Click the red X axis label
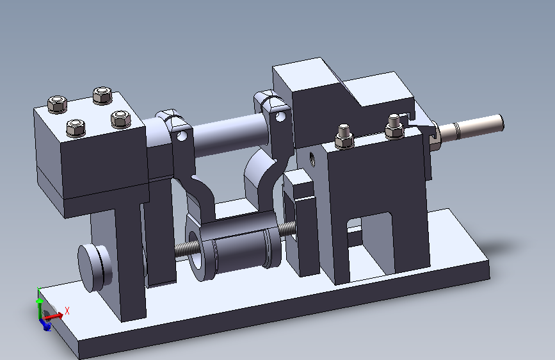point(67,311)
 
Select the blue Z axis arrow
point(45,324)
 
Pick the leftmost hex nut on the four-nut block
point(58,104)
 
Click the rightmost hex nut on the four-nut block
point(121,119)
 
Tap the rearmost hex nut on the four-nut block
point(102,95)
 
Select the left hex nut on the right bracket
point(344,136)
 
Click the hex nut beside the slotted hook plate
point(394,127)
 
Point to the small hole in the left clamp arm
point(182,135)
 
